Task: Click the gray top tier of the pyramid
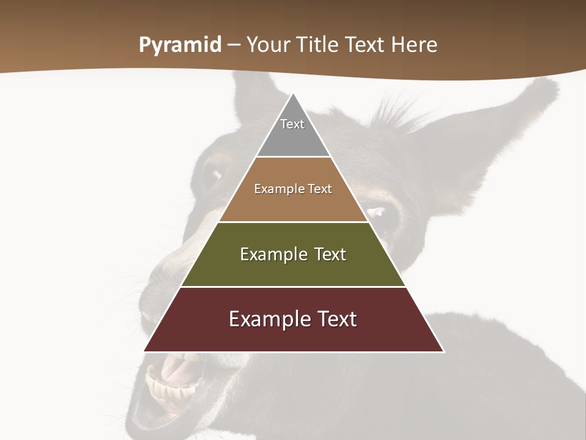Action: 293,137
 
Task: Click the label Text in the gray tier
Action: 292,124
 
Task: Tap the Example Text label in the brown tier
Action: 293,189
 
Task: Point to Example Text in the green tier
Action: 293,254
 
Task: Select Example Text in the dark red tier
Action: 293,319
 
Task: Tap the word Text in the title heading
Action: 366,45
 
